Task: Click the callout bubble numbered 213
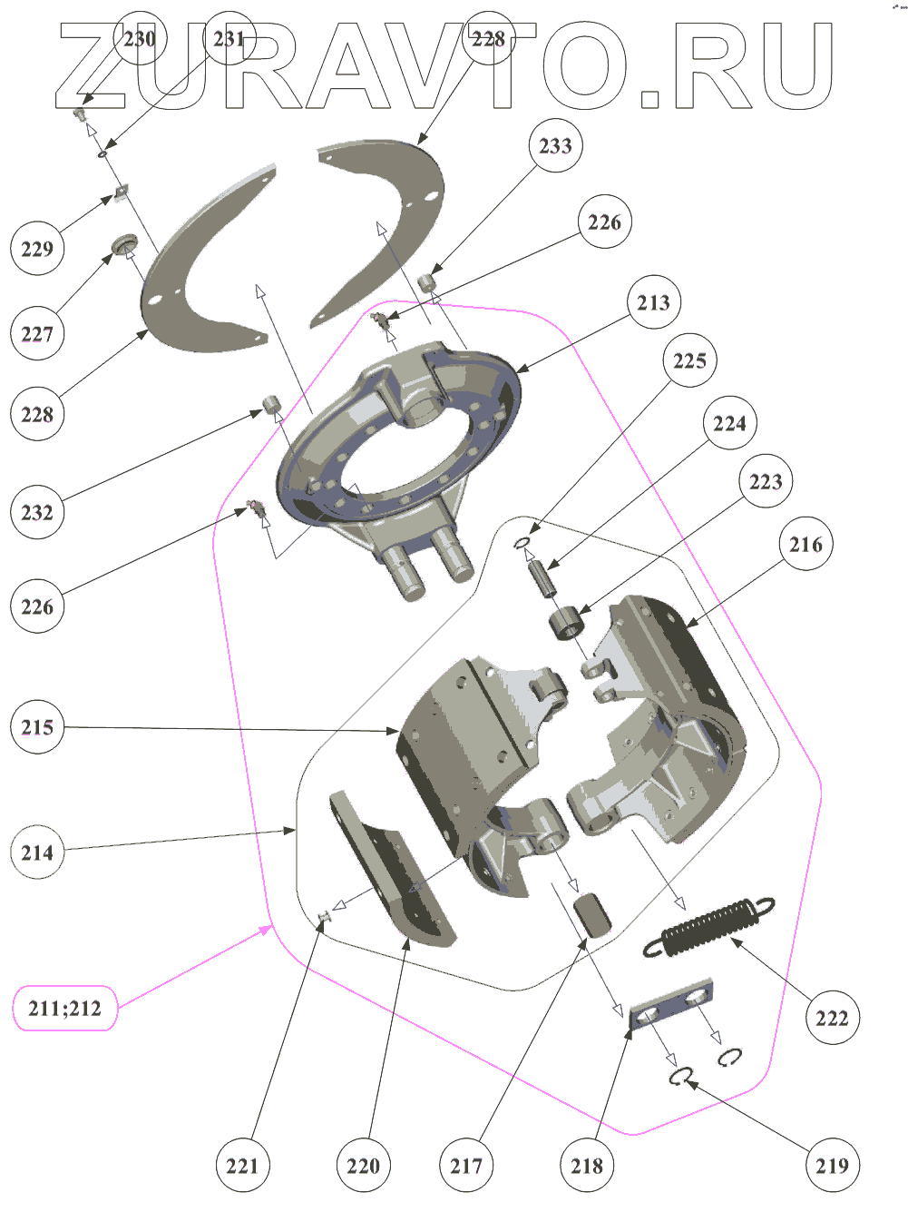(653, 302)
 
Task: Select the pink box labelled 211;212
(65, 1008)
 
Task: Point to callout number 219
(832, 1166)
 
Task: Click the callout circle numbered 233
(555, 146)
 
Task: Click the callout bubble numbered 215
(37, 727)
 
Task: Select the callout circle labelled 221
(242, 1166)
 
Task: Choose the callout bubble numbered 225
(689, 360)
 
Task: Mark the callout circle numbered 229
(37, 249)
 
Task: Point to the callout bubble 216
(805, 544)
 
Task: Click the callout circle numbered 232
(37, 512)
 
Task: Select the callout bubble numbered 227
(37, 334)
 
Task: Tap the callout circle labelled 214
(37, 852)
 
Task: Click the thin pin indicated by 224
(545, 578)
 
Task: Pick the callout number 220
(363, 1166)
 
